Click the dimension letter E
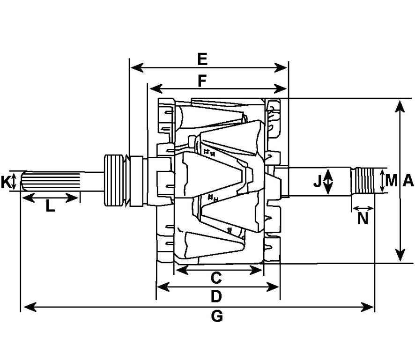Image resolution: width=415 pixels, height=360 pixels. pyautogui.click(x=202, y=59)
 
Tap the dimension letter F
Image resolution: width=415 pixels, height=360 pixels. pyautogui.click(x=202, y=81)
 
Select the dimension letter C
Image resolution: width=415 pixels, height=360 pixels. pyautogui.click(x=216, y=278)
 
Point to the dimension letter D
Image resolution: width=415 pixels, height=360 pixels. pyautogui.click(x=216, y=296)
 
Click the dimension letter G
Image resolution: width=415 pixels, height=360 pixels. pyautogui.click(x=217, y=316)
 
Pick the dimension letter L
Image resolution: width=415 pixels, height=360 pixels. pyautogui.click(x=50, y=206)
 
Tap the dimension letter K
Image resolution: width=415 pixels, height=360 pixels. pyautogui.click(x=5, y=182)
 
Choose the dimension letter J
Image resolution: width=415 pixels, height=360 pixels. pyautogui.click(x=317, y=182)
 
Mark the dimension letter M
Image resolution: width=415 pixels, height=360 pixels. pyautogui.click(x=392, y=181)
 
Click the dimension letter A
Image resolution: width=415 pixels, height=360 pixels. pyautogui.click(x=408, y=181)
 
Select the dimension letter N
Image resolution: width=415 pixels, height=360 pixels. pyautogui.click(x=363, y=219)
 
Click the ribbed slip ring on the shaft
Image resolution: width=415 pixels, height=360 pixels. pyautogui.click(x=114, y=180)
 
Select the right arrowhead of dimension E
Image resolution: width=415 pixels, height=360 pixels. pyautogui.click(x=281, y=68)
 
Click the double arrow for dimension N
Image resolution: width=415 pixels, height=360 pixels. pyautogui.click(x=363, y=208)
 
